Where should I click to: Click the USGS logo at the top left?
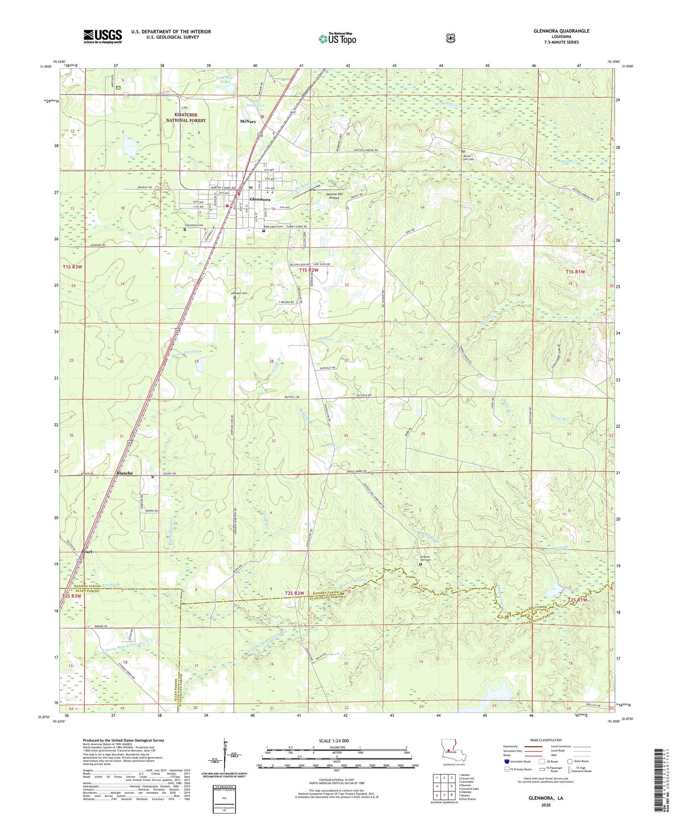coord(103,36)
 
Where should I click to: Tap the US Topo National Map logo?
coord(337,38)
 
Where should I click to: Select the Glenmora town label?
coord(260,199)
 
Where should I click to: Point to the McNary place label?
coord(248,121)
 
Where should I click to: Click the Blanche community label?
coord(125,473)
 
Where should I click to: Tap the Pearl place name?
coord(87,551)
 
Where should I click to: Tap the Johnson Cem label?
coord(239,293)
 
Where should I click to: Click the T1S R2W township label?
coord(309,270)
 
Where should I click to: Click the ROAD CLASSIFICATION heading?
coord(546,740)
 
